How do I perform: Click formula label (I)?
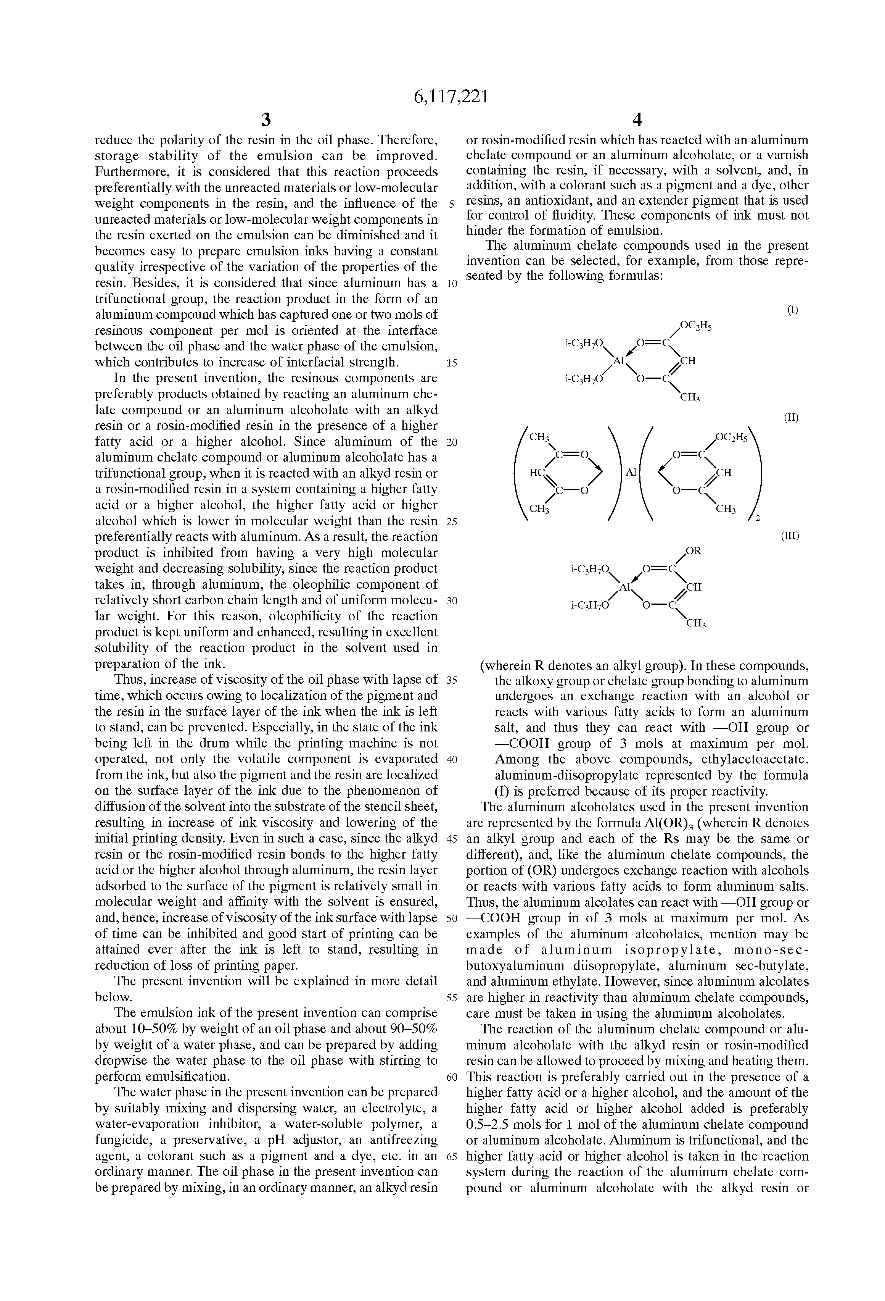click(x=793, y=310)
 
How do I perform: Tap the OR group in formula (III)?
click(x=694, y=551)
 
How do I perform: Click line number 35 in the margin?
click(x=452, y=681)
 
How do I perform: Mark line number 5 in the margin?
click(x=452, y=204)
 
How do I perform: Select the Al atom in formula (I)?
click(x=618, y=362)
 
